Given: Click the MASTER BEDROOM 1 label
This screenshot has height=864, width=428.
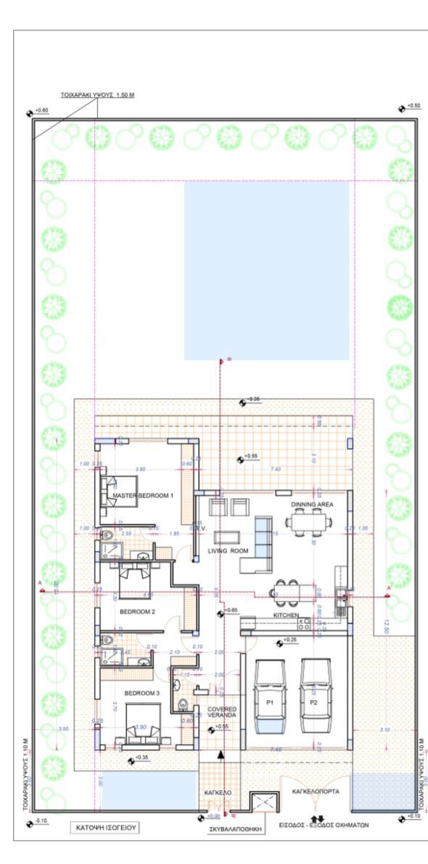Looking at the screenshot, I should (143, 496).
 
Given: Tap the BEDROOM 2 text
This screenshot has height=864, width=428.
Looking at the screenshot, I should (137, 612).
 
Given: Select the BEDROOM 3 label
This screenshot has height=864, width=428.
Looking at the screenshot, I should (141, 693).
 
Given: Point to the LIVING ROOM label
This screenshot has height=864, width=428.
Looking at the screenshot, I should (229, 551).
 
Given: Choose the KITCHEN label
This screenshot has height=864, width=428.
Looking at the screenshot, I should (286, 615).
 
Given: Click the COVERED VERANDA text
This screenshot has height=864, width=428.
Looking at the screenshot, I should (222, 713).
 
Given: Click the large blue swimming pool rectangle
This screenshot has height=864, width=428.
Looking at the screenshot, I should (266, 270).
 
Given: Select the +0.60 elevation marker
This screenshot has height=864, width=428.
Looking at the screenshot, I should (37, 111).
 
